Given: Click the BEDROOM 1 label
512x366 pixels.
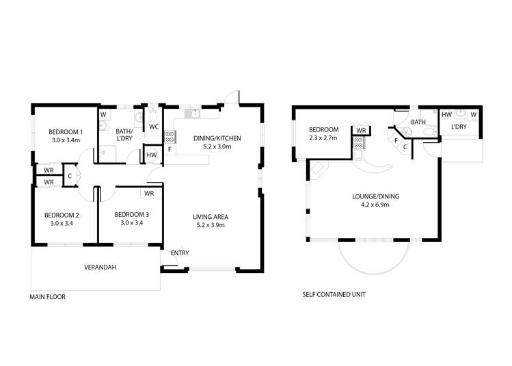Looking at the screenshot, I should pos(66,131).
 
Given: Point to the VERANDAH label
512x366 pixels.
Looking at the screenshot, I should pos(100,267).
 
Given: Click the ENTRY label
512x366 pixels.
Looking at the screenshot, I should pos(180,253).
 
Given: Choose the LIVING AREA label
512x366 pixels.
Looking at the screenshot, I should pos(212,217).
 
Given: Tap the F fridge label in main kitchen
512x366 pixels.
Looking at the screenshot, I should pos(169,149).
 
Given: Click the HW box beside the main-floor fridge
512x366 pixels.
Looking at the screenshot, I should pos(152,156).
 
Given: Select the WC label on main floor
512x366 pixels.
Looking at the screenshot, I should pos(154,127).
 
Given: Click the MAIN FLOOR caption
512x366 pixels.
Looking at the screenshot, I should pos(48,297).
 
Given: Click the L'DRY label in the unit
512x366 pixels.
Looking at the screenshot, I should pos(458,127).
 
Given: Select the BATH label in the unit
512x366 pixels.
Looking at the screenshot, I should pos(418,122).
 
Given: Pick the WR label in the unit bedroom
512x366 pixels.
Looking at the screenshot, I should pos(361,129).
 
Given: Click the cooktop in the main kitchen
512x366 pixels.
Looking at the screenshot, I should pos(169,136).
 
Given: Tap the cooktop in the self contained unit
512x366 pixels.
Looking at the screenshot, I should pos(357,143).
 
